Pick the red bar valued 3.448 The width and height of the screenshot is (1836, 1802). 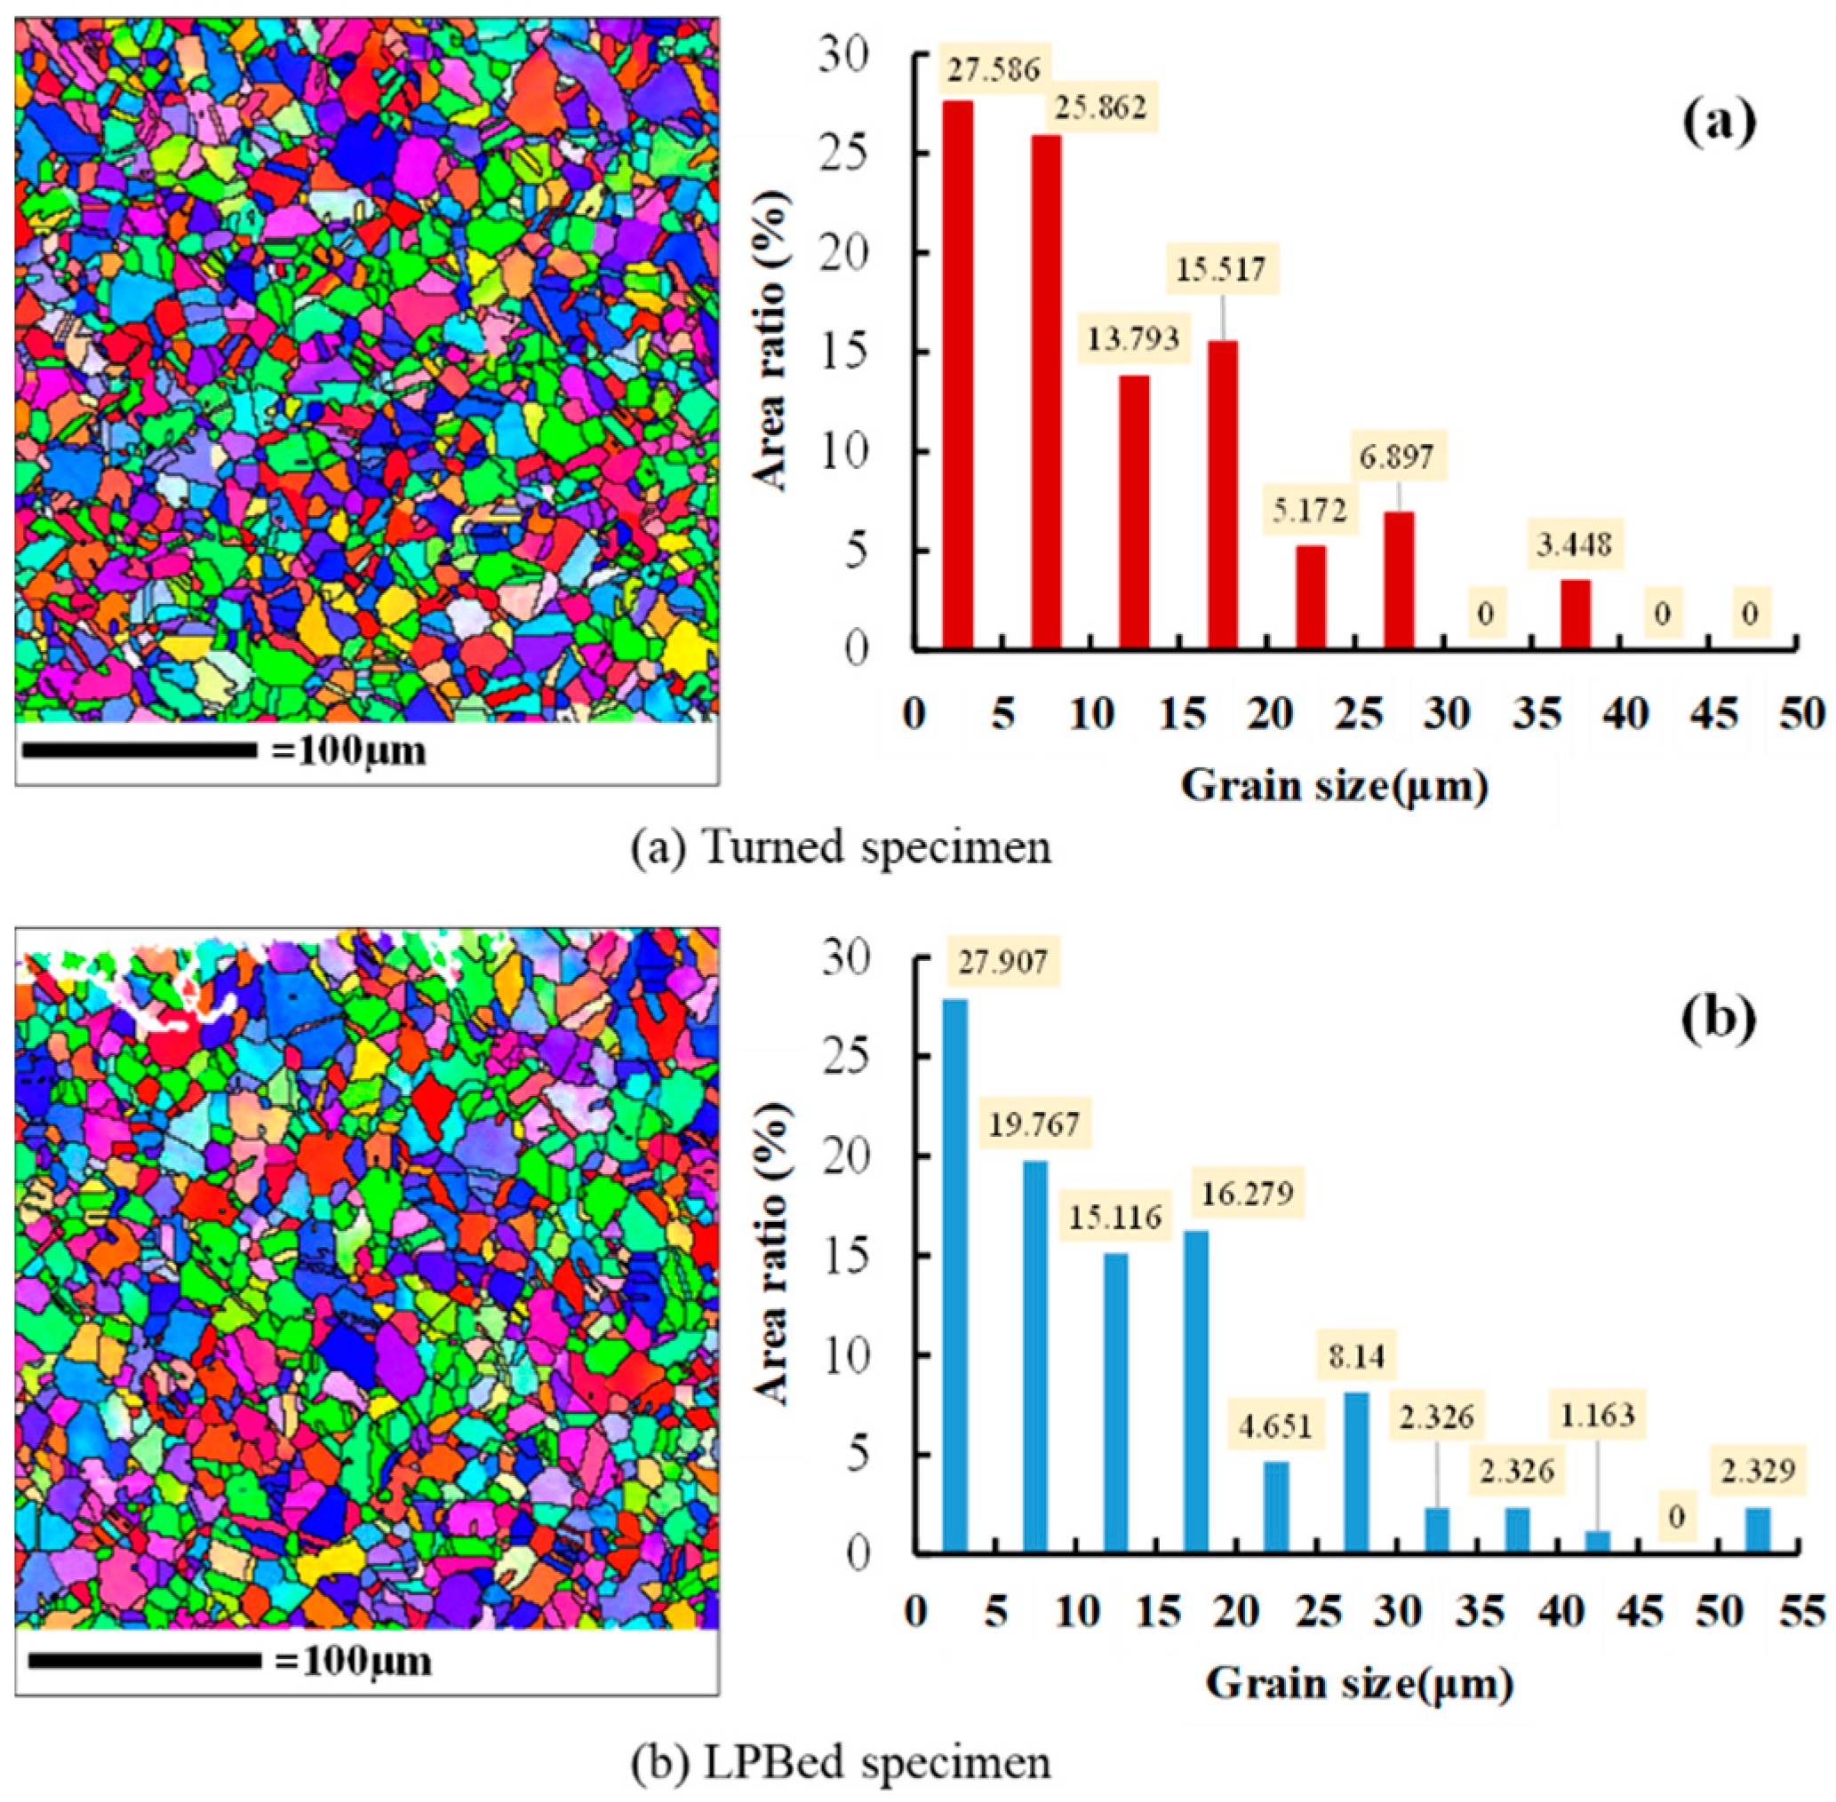point(1575,615)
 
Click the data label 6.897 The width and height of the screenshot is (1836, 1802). point(1398,457)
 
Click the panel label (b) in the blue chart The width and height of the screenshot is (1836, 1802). point(1718,1019)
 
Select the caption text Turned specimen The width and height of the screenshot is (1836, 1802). point(878,846)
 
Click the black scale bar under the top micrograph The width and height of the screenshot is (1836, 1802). point(140,750)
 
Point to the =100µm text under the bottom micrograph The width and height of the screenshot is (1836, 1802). point(352,1661)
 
